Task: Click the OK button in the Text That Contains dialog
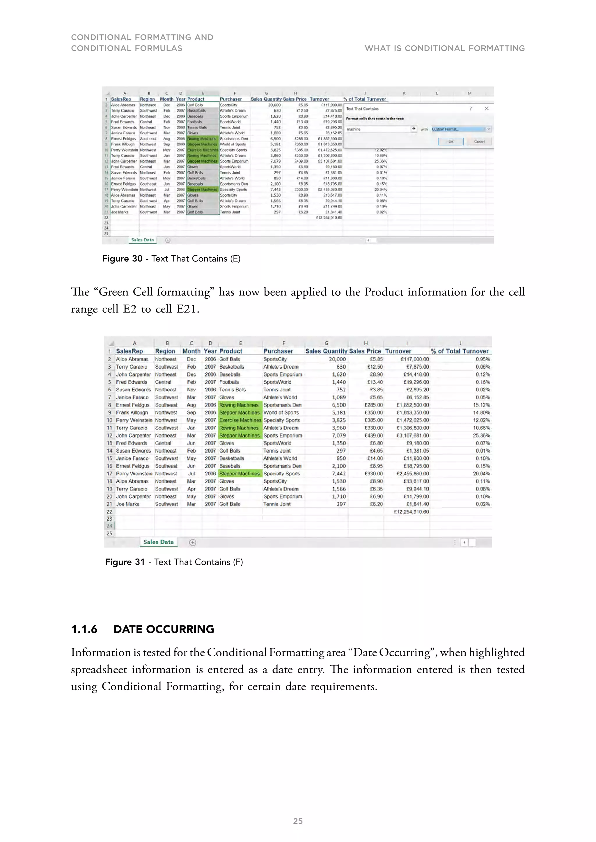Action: pos(451,142)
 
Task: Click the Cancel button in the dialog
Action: pos(479,142)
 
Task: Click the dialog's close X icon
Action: pos(486,108)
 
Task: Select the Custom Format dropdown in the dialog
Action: pos(461,129)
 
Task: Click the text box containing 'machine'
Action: pos(378,129)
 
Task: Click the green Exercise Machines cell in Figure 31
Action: pos(240,420)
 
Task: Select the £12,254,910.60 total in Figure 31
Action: pos(411,512)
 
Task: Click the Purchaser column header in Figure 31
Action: pos(278,351)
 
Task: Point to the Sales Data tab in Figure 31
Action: pos(159,542)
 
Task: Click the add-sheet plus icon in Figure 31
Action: pos(193,542)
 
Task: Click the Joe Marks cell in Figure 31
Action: pos(128,504)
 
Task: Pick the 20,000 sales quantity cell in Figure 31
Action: pos(337,359)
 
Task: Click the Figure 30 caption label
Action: pos(122,258)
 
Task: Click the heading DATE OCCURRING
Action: pos(164,629)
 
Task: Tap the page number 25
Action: pos(298,821)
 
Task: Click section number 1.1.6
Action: pos(84,629)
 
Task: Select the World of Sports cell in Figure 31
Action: pos(281,413)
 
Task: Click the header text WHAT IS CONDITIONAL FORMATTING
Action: pos(444,48)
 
